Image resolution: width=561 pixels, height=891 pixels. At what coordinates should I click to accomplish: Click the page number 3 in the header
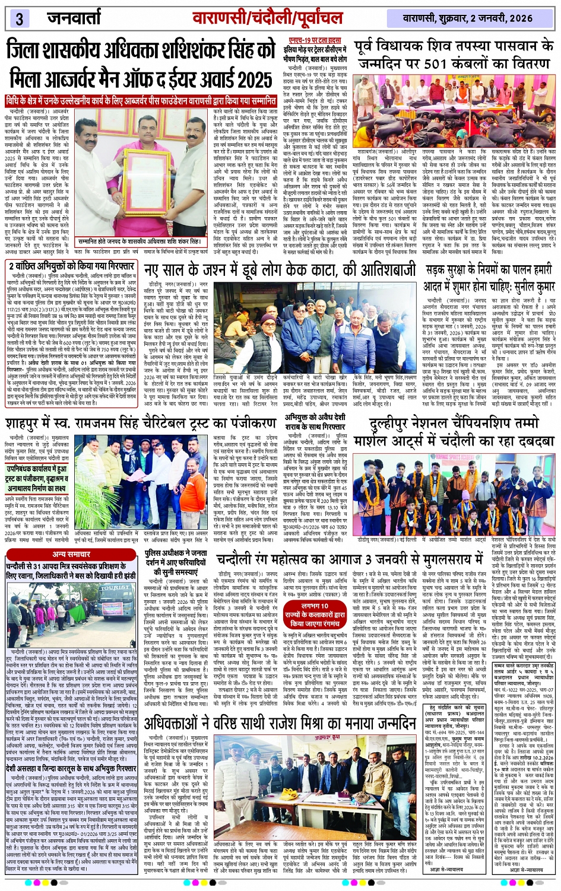(x=19, y=18)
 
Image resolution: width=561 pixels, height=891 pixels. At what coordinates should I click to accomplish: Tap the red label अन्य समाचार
(x=71, y=554)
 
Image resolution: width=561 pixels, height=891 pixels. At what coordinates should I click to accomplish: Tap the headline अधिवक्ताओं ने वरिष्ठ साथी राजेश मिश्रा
(x=280, y=724)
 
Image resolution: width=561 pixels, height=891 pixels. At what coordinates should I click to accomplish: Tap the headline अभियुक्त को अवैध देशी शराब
(x=314, y=422)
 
